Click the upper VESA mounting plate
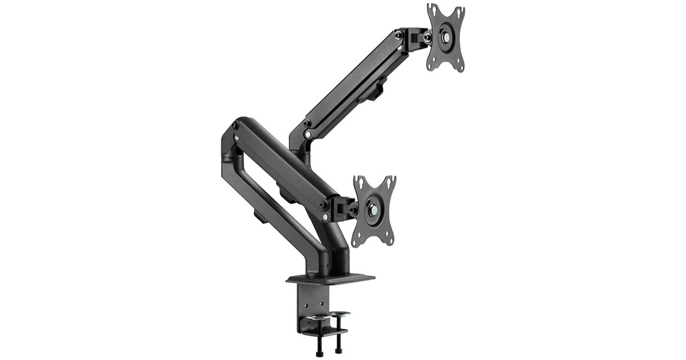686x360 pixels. (445, 38)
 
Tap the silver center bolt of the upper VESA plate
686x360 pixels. (445, 35)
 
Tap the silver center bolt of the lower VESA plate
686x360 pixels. (374, 210)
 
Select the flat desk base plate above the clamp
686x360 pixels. (330, 279)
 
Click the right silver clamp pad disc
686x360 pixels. (340, 314)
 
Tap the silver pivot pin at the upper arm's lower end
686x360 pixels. (308, 135)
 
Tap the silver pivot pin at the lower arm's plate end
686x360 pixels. (325, 217)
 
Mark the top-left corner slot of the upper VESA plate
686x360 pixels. (432, 10)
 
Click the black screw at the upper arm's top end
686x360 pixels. (398, 35)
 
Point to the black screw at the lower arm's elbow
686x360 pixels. (235, 125)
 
